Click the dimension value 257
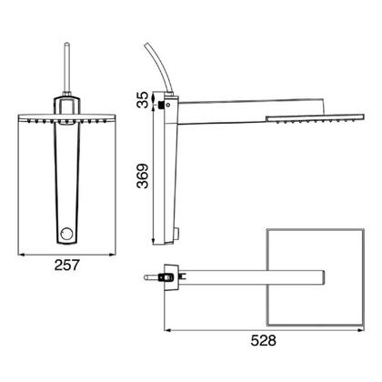[66, 265]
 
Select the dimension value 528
[263, 340]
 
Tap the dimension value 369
[143, 176]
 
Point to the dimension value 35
[143, 100]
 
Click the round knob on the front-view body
[67, 234]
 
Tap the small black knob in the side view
[160, 106]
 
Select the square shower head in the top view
[315, 277]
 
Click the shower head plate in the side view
[315, 117]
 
